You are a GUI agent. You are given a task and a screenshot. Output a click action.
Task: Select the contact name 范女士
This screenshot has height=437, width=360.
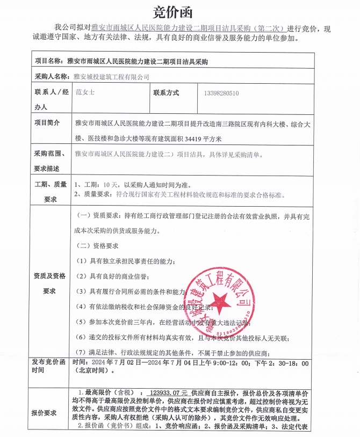click(x=85, y=92)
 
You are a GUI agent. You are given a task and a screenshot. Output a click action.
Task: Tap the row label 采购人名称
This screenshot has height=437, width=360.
click(x=52, y=77)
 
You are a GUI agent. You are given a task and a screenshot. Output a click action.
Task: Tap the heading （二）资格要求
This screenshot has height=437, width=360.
click(x=98, y=246)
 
